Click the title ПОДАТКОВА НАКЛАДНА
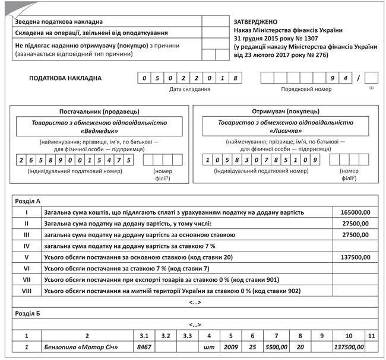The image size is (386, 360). pyautogui.click(x=65, y=78)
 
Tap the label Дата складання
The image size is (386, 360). pyautogui.click(x=189, y=90)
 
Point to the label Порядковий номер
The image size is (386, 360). pyautogui.click(x=306, y=90)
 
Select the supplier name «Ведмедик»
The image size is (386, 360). pyautogui.click(x=99, y=132)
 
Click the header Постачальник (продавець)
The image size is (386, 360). pyautogui.click(x=99, y=111)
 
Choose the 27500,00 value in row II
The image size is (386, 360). pyautogui.click(x=357, y=224)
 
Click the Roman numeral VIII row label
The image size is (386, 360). pyautogui.click(x=27, y=291)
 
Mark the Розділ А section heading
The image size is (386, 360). pyautogui.click(x=28, y=201)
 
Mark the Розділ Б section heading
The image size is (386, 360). pyautogui.click(x=28, y=313)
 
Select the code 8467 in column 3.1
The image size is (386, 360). pyautogui.click(x=144, y=346)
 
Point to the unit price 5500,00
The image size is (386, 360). pyautogui.click(x=276, y=346)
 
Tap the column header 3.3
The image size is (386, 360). pyautogui.click(x=188, y=336)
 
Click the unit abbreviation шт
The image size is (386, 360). pyautogui.click(x=209, y=346)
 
